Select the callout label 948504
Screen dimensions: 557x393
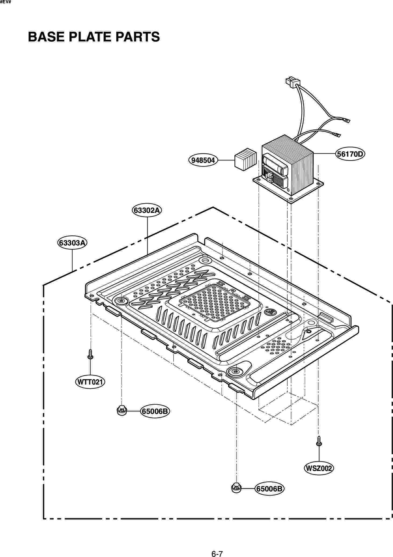click(x=203, y=160)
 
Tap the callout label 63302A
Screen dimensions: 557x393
click(x=147, y=210)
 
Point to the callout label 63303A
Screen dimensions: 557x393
click(x=72, y=243)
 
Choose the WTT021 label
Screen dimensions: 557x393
click(x=90, y=382)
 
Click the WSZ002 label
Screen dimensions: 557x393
click(x=319, y=468)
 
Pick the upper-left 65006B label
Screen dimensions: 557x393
click(x=155, y=411)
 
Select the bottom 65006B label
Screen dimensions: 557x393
click(x=269, y=489)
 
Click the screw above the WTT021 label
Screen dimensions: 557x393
click(x=90, y=354)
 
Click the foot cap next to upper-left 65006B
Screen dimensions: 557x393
click(x=122, y=410)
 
